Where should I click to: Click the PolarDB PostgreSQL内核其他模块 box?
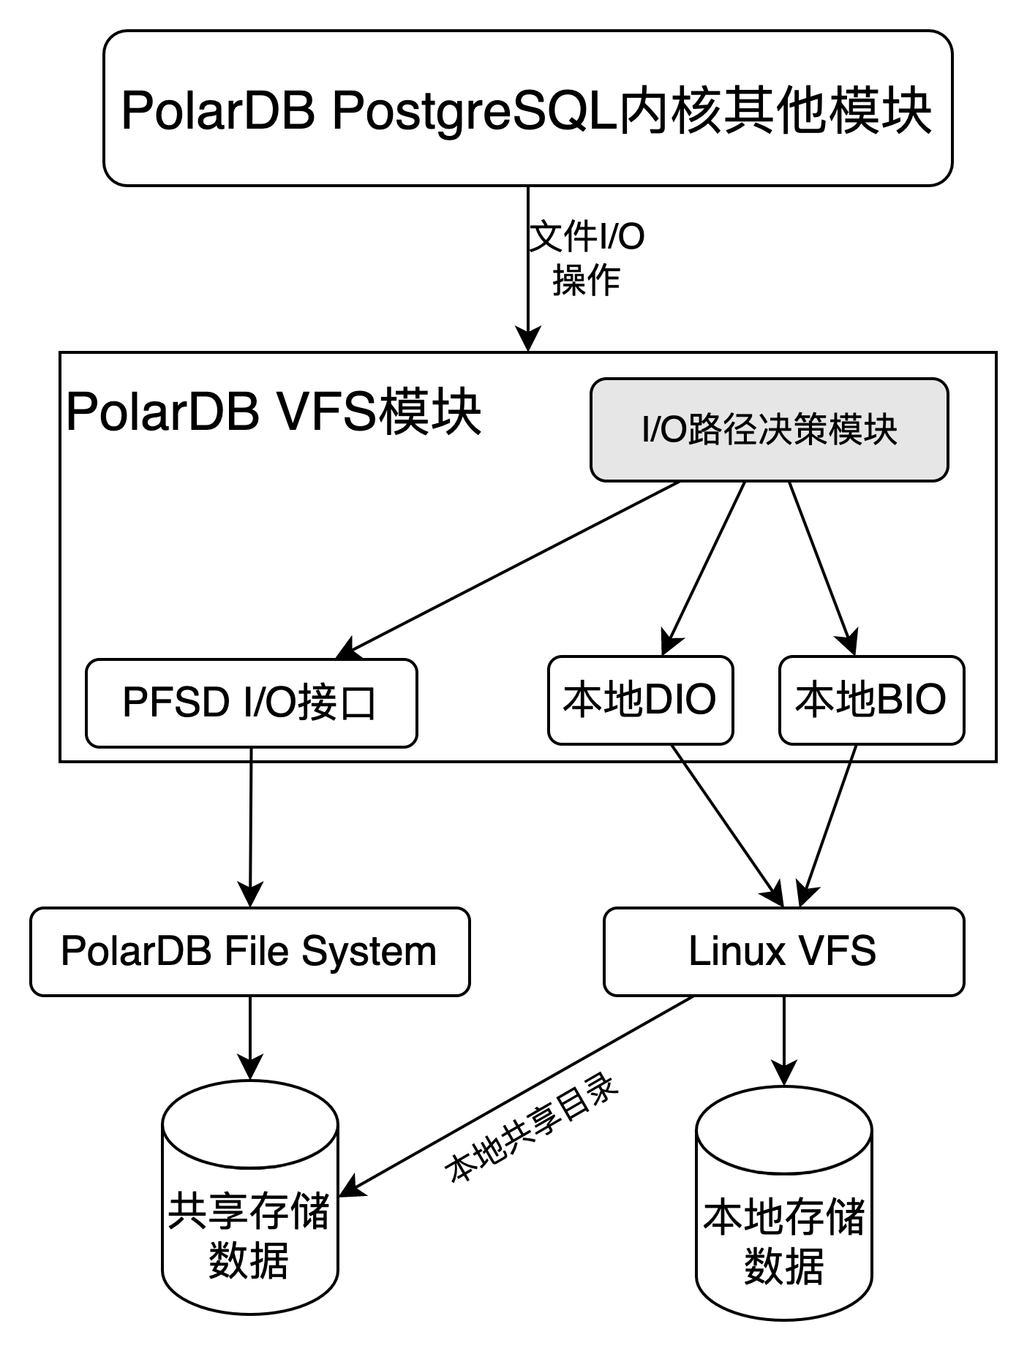tap(527, 108)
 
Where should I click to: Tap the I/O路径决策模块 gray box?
tap(769, 430)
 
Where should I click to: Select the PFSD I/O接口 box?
tap(251, 703)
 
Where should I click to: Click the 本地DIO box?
tap(640, 700)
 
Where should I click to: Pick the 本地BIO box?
tap(871, 700)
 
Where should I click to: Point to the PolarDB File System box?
tap(249, 951)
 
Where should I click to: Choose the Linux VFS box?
tap(783, 951)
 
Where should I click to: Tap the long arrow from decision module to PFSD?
tap(512, 566)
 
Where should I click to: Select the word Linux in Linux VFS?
tap(737, 951)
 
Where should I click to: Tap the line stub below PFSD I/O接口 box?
tap(251, 754)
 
